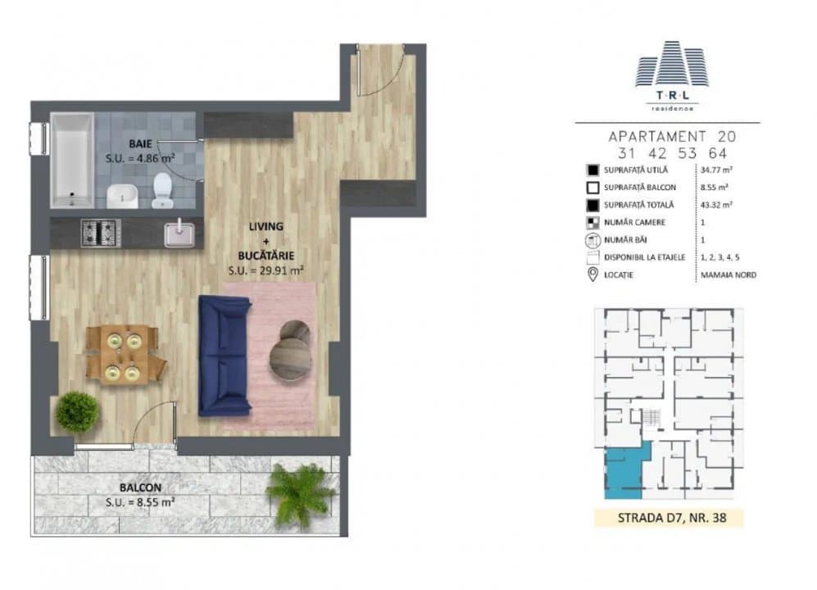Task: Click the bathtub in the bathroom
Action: [x=72, y=160]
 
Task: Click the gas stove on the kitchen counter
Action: [x=100, y=233]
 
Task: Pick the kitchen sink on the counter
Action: [x=180, y=234]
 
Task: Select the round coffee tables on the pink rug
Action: [x=290, y=351]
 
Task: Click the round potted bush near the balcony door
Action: [x=77, y=411]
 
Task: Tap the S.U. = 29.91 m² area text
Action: [x=266, y=269]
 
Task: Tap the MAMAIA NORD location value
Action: [x=728, y=275]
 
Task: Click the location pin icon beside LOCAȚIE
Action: [x=592, y=274]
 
